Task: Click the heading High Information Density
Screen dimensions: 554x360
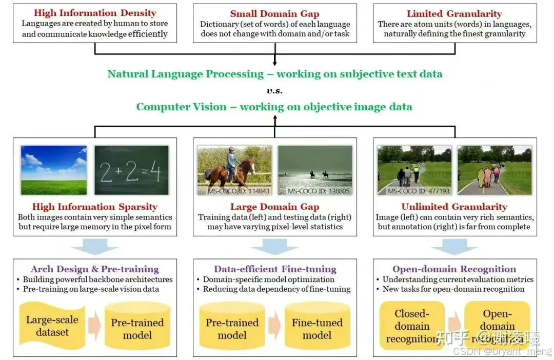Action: click(x=95, y=13)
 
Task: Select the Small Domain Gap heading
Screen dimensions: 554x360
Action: click(x=274, y=14)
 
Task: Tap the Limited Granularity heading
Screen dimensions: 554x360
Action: click(x=454, y=14)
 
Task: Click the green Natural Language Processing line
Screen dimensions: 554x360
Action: click(x=274, y=74)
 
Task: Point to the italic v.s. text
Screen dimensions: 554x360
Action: click(x=274, y=91)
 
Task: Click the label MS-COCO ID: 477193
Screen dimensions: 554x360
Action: click(x=411, y=191)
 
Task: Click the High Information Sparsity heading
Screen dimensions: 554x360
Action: click(x=95, y=207)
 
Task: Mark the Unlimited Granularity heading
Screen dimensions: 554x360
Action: click(x=454, y=207)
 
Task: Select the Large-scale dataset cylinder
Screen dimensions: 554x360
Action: click(x=52, y=326)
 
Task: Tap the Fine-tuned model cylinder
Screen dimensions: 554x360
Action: click(x=317, y=328)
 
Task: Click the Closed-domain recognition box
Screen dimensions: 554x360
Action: click(x=411, y=326)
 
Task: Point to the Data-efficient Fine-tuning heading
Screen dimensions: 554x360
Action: click(x=275, y=269)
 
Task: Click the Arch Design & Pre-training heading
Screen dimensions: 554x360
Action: click(x=95, y=269)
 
